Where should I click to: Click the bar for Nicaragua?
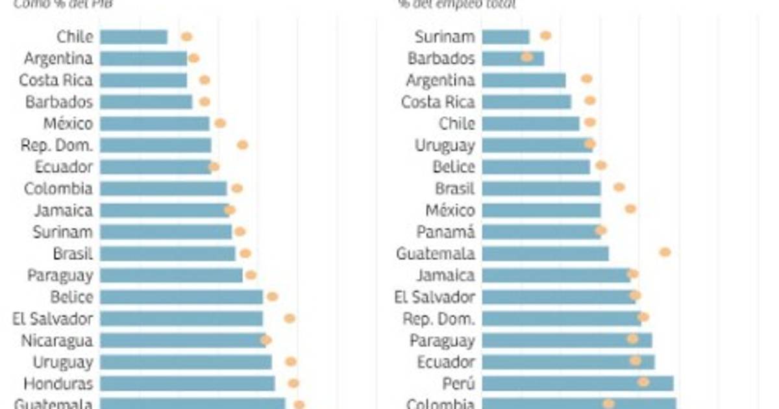point(182,340)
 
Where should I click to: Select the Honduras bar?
point(187,384)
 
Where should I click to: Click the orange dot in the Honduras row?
point(293,383)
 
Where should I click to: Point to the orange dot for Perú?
point(643,382)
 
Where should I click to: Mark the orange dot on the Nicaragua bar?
point(266,340)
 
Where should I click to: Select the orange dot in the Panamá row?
point(601,230)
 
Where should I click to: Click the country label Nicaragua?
point(56,340)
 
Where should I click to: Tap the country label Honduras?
point(58,384)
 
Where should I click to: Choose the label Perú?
point(458,384)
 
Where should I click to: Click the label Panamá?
point(446,232)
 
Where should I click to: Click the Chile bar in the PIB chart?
point(134,37)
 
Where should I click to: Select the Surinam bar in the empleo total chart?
point(506,37)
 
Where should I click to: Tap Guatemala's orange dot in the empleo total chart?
point(665,252)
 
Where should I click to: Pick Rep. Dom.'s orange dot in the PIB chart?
point(242,145)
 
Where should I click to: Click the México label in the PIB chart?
point(68,123)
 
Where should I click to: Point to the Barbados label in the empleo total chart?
point(441,58)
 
